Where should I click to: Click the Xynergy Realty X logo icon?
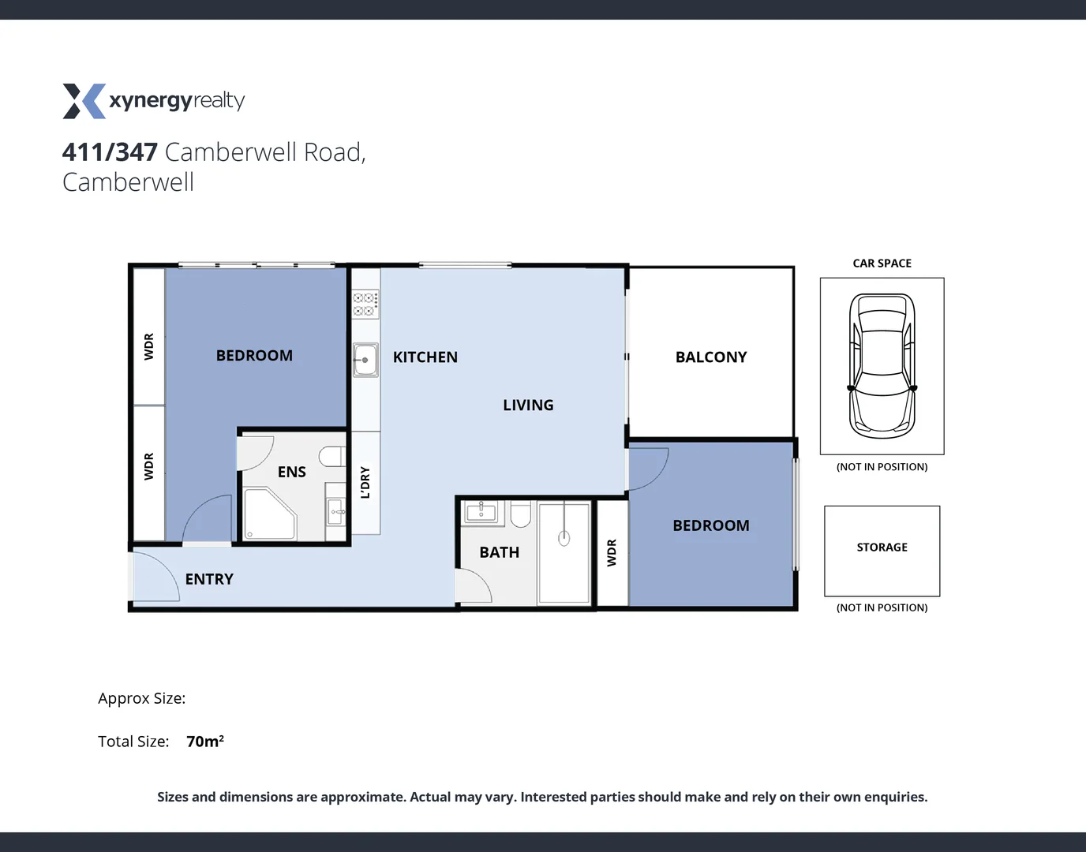84,101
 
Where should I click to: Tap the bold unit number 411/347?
110,151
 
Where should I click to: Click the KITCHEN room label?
425,357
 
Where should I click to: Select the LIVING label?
528,405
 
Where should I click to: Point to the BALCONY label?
710,357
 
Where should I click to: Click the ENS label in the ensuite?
291,472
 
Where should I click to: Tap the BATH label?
499,552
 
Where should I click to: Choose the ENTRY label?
209,579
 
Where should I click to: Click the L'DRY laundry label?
365,482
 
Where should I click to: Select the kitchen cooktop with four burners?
365,304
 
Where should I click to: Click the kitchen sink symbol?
365,360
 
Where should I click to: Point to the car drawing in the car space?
882,366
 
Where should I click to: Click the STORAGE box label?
882,547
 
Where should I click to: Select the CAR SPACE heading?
882,263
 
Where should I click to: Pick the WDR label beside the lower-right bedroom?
612,552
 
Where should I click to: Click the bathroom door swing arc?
474,585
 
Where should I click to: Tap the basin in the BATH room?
481,512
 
